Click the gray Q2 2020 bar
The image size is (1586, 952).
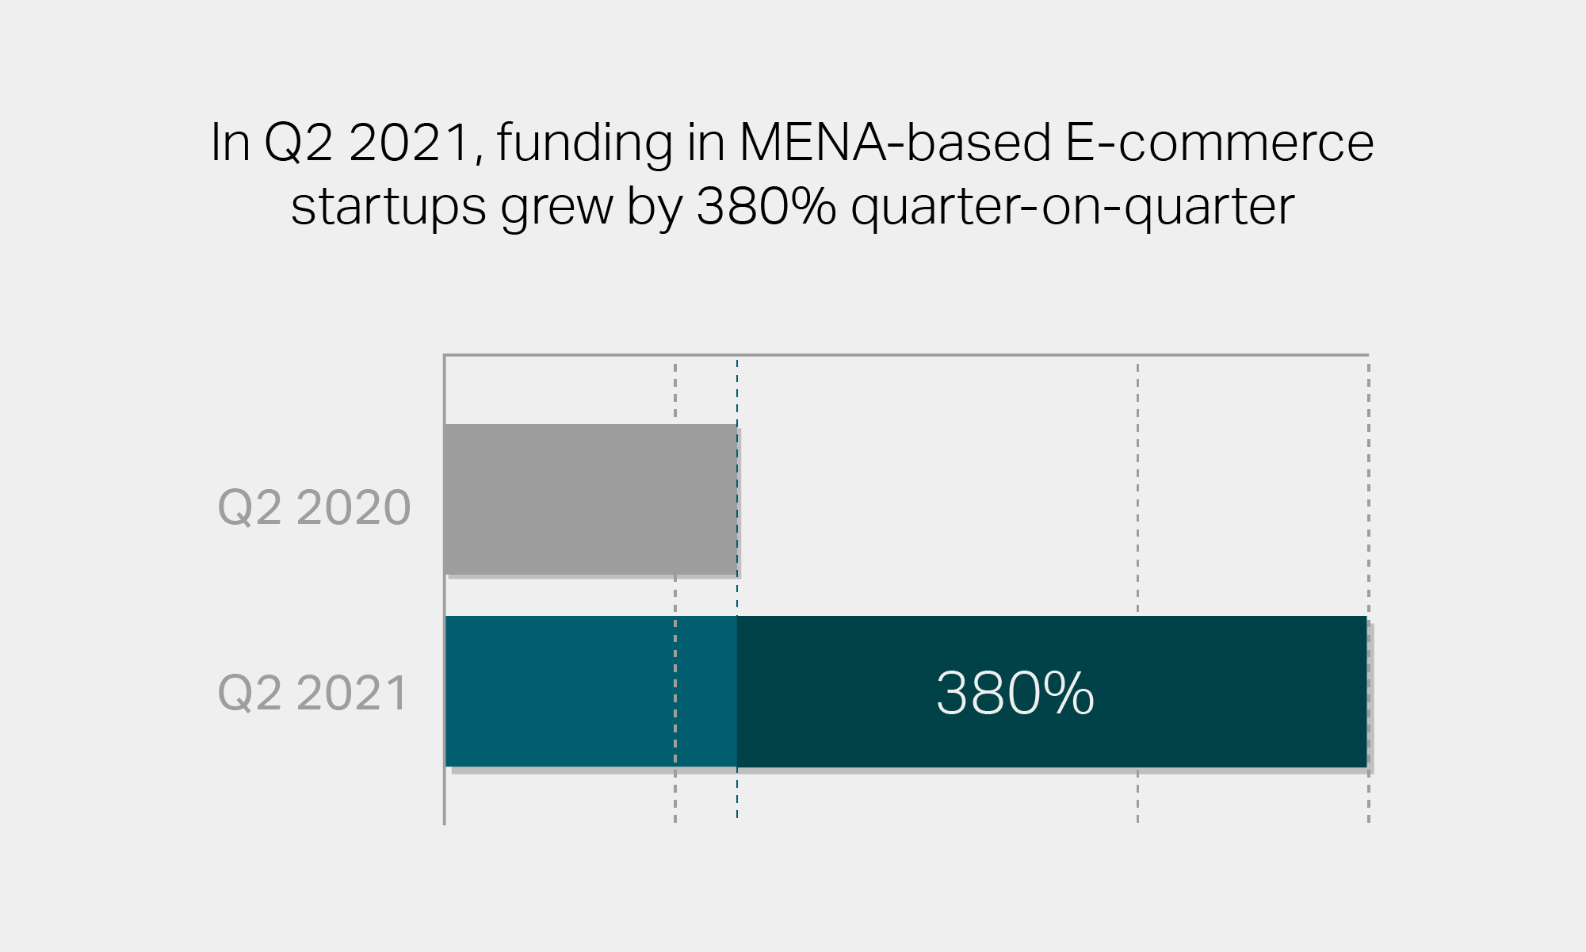[590, 499]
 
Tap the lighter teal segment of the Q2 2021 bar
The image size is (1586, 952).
[590, 691]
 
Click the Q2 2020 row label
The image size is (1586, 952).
[314, 507]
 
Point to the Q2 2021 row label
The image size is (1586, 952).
[312, 693]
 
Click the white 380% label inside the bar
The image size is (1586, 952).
[1015, 694]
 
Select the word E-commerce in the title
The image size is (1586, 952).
[1219, 143]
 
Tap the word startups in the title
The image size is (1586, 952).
[388, 208]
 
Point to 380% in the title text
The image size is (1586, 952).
[766, 206]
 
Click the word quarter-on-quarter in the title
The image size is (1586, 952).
[1072, 208]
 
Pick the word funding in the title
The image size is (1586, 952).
[585, 144]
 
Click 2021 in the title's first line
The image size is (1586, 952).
[410, 143]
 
